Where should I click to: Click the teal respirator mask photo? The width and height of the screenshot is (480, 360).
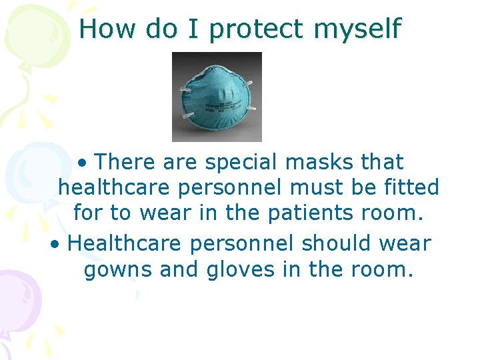pos(217,97)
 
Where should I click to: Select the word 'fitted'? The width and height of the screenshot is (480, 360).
pos(406,187)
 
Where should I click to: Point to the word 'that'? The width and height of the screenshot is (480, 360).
pos(381,162)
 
